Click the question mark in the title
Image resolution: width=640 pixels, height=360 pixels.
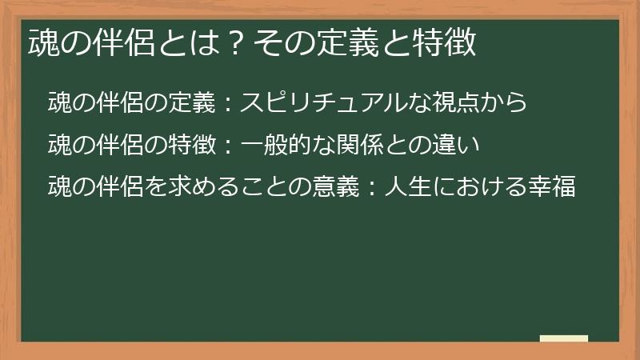pos(235,42)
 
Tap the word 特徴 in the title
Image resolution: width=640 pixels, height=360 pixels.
pos(444,42)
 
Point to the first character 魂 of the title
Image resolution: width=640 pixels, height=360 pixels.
pos(44,42)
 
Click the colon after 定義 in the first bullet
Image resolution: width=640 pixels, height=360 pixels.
pos(228,103)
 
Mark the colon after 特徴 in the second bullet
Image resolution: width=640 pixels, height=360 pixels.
pos(228,146)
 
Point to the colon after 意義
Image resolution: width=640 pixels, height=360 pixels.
pos(372,187)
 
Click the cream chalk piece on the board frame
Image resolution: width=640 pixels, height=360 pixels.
pos(564,338)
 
